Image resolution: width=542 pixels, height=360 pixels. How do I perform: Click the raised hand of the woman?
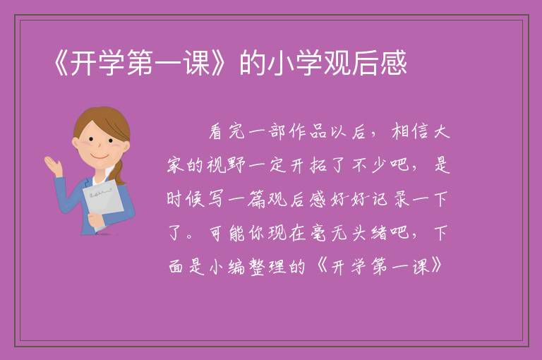tap(53, 166)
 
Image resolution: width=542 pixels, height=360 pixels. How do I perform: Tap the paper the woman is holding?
tap(103, 200)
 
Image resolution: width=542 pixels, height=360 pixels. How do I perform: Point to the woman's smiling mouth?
tap(100, 157)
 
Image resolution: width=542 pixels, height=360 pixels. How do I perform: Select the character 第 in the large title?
tap(140, 63)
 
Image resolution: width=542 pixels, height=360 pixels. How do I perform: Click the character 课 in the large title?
tap(197, 63)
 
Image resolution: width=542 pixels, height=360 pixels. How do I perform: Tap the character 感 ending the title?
tap(393, 63)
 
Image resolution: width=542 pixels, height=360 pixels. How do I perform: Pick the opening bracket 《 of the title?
tap(61, 63)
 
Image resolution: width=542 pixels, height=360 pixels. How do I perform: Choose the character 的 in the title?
tap(253, 63)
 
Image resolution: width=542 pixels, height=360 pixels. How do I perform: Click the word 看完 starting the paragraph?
tap(227, 132)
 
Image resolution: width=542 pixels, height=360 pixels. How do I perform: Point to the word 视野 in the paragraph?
tap(227, 165)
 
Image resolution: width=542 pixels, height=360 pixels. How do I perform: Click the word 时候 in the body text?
tap(186, 199)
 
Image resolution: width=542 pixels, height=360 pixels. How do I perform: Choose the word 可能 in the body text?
tap(227, 233)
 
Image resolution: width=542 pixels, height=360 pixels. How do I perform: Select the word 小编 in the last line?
tap(227, 267)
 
